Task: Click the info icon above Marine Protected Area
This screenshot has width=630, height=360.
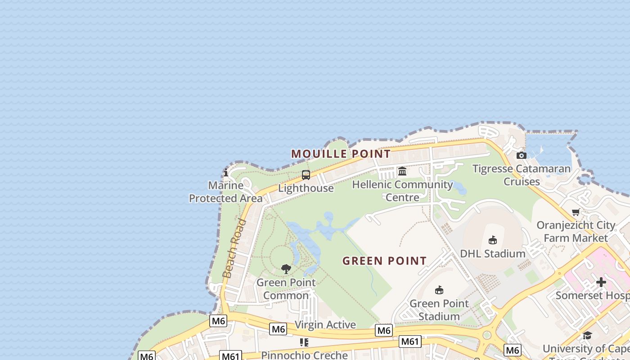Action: click(x=226, y=172)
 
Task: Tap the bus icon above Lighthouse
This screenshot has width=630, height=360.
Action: click(x=306, y=175)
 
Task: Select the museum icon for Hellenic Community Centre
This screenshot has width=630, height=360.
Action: click(x=402, y=171)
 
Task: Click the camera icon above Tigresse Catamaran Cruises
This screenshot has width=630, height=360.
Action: click(x=522, y=156)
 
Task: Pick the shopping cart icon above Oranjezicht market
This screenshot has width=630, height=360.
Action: click(x=576, y=212)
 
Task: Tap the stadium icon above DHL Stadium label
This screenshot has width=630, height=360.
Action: click(x=493, y=240)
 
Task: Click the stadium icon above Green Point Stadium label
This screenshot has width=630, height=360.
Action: click(x=439, y=290)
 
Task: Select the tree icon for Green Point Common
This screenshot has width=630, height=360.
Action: click(x=286, y=269)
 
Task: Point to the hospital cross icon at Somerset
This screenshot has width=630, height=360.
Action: click(x=601, y=282)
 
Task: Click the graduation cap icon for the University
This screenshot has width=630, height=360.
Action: click(x=587, y=335)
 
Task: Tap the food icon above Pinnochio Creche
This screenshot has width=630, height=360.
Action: click(x=304, y=342)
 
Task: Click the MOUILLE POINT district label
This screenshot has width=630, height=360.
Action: click(x=341, y=154)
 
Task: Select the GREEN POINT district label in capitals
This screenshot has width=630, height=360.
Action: click(x=384, y=261)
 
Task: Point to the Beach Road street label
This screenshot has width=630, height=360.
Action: click(x=234, y=248)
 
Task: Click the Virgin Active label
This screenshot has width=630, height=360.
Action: click(x=325, y=325)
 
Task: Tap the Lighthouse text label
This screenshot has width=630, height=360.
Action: click(x=306, y=188)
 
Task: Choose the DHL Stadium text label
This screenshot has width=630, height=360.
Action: click(x=493, y=254)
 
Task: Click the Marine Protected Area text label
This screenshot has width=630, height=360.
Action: click(x=226, y=192)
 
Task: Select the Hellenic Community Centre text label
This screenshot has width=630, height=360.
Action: click(x=402, y=191)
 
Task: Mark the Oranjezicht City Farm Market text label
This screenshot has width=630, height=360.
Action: click(x=576, y=231)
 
